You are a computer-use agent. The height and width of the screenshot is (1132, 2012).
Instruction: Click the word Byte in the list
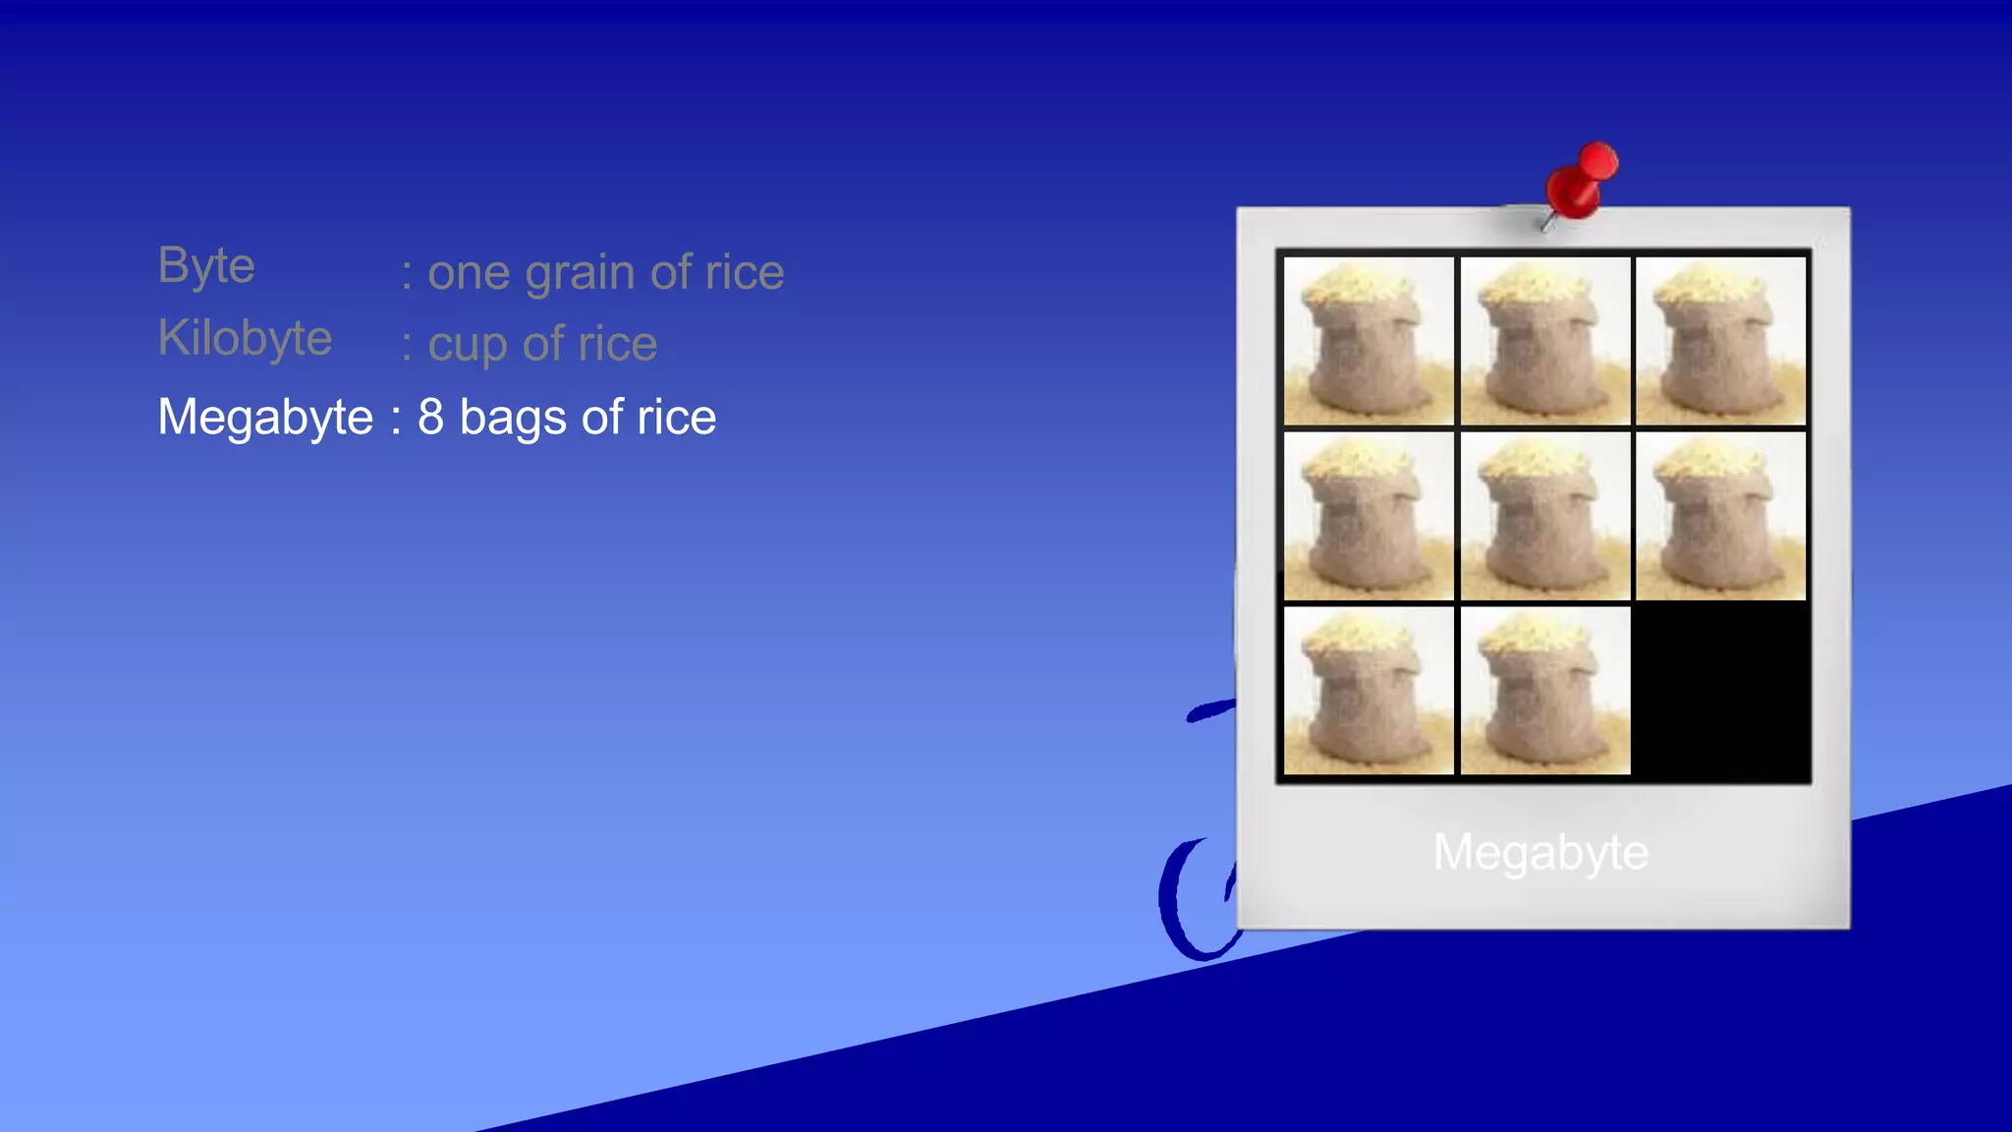[x=206, y=265]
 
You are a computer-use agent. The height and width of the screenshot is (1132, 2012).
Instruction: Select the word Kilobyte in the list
[x=245, y=338]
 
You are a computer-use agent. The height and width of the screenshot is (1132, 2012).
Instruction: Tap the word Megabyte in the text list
[x=265, y=417]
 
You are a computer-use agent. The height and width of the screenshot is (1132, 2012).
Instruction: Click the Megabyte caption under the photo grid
[x=1540, y=852]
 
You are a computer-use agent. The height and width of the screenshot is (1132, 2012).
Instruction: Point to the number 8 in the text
[x=430, y=417]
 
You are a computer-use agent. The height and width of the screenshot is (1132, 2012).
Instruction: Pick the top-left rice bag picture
[x=1369, y=340]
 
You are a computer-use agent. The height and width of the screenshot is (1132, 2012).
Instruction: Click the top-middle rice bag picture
[x=1544, y=340]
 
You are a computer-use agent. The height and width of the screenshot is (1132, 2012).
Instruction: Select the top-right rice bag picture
[x=1720, y=340]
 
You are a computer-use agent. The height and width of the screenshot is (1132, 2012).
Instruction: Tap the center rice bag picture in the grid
[x=1544, y=516]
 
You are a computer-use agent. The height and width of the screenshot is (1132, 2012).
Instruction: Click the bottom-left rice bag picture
[x=1369, y=691]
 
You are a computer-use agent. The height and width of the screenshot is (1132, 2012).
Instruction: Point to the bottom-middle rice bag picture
[x=1544, y=691]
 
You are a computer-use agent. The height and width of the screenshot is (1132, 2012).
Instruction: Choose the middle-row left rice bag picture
[x=1369, y=516]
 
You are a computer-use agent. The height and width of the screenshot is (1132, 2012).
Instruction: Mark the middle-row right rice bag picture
[x=1720, y=516]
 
